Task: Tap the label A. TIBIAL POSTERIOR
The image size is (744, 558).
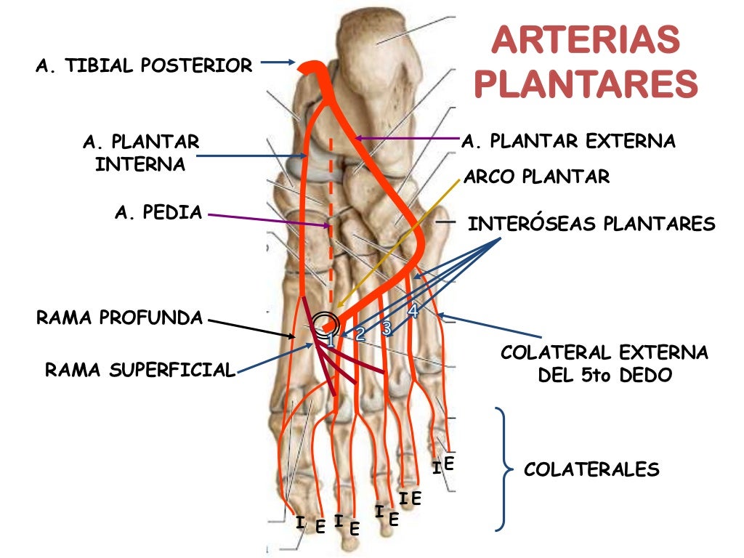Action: (144, 66)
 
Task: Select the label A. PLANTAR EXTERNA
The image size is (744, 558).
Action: (568, 140)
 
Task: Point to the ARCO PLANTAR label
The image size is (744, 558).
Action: (537, 176)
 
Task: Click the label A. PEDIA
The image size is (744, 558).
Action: (158, 213)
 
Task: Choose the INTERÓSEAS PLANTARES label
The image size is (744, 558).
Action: (591, 224)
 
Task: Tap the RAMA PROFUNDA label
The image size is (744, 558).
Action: (120, 318)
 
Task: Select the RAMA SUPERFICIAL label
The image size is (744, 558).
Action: (140, 370)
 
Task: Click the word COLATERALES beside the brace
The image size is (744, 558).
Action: (591, 469)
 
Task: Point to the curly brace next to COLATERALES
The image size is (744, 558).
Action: (502, 469)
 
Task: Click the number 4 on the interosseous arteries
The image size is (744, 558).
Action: (413, 312)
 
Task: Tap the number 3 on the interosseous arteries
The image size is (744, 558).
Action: (387, 328)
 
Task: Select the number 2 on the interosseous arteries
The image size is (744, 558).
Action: (360, 334)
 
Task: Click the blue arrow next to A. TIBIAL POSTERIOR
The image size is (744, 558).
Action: (277, 64)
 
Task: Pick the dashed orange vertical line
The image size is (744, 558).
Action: (331, 218)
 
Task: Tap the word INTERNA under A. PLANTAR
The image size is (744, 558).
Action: (140, 163)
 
